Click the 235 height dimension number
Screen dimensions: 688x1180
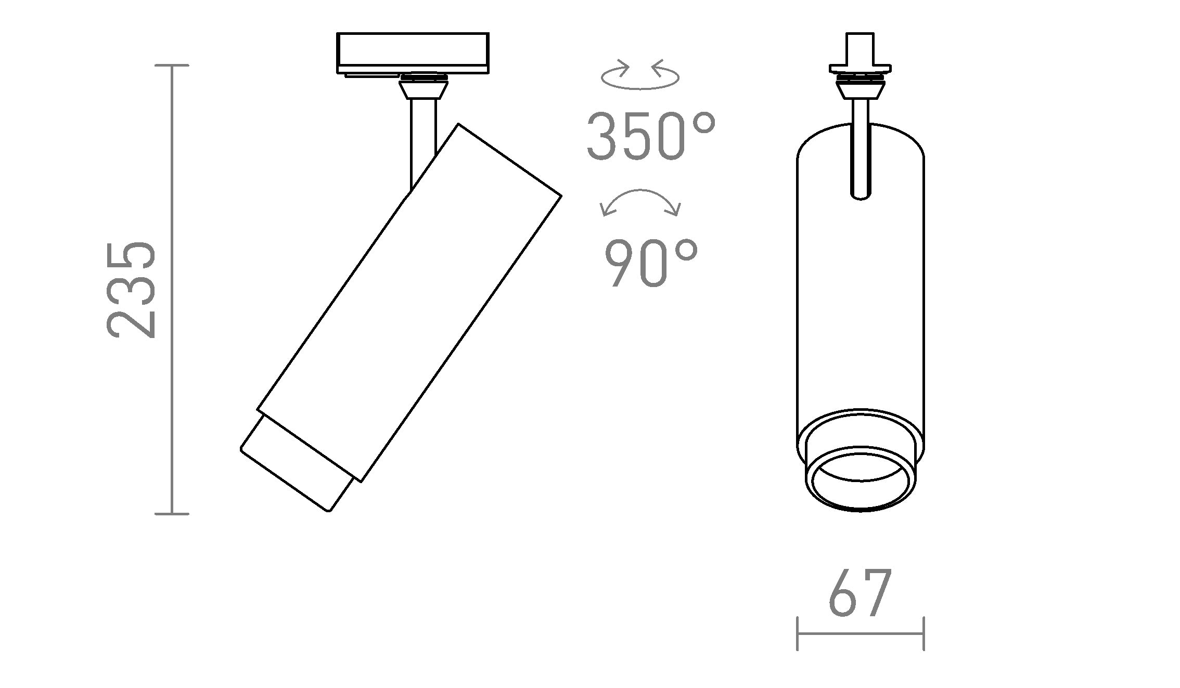[132, 290]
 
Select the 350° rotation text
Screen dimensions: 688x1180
[651, 136]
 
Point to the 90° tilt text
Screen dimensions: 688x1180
[651, 264]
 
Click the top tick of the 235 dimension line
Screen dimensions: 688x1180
[172, 66]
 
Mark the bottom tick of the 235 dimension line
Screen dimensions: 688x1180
[172, 514]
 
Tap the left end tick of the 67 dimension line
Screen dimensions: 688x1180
[798, 633]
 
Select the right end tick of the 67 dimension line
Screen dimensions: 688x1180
[924, 633]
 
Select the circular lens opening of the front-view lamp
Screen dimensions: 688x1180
[861, 483]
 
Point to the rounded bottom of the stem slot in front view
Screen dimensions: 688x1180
[861, 195]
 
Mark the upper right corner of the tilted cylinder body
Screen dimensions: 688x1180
[560, 196]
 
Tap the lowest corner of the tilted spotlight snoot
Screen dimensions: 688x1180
[329, 511]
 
